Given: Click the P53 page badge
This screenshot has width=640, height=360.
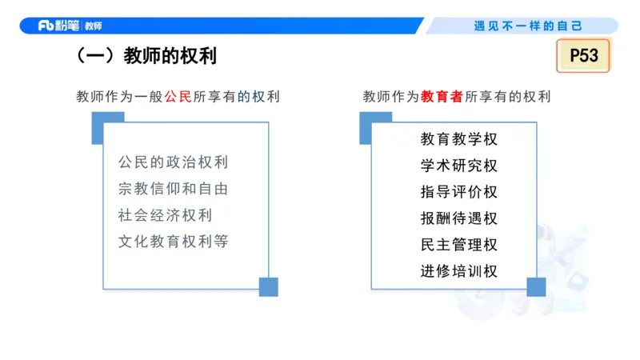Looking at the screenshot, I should (x=583, y=56).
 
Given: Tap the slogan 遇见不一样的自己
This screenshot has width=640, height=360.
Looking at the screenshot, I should (x=528, y=26).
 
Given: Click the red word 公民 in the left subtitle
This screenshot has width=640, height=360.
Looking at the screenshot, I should (x=178, y=97).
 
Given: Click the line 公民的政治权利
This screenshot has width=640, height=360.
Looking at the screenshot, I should (x=173, y=162).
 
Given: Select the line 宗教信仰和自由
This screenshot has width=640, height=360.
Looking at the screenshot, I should (x=173, y=189).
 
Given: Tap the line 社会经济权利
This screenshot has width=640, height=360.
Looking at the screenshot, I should (x=164, y=215).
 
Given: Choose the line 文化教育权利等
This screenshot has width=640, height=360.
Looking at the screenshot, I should (x=173, y=241).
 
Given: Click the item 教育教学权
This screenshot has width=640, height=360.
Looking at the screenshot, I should (x=458, y=139).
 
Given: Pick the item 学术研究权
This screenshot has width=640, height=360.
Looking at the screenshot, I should (x=458, y=166).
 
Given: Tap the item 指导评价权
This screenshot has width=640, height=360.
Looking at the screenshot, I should (x=458, y=192).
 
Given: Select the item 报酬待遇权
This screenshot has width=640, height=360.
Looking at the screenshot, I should (x=458, y=218).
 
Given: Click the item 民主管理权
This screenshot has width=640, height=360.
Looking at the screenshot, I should (x=458, y=245).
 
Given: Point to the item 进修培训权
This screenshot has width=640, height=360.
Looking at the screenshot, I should (x=458, y=271).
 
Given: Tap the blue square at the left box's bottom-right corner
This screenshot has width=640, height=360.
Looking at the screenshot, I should (x=268, y=286).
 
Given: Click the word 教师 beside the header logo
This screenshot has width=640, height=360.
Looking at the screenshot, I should (x=93, y=26).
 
